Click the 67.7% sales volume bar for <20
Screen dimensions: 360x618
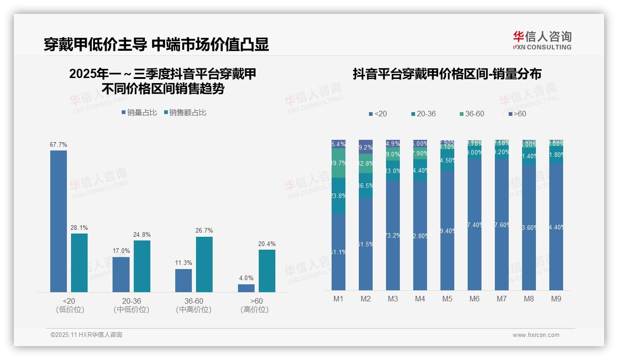59,221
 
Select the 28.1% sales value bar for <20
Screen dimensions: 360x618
79,263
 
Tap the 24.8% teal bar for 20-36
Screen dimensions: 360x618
142,266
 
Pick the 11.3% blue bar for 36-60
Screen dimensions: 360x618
184,280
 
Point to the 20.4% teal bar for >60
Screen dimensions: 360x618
267,270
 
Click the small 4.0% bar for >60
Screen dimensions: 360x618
246,288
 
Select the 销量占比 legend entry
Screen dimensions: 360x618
139,113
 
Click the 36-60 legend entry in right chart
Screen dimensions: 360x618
471,114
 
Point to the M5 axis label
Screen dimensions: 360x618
447,299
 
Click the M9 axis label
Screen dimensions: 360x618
556,299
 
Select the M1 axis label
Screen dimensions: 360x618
339,299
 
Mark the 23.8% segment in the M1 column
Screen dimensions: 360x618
339,196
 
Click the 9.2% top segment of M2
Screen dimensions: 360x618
366,147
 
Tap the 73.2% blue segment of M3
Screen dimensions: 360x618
393,235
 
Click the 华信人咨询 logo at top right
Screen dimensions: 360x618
542,40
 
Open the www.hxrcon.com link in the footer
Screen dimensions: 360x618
536,335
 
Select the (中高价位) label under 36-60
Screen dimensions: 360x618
194,310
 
